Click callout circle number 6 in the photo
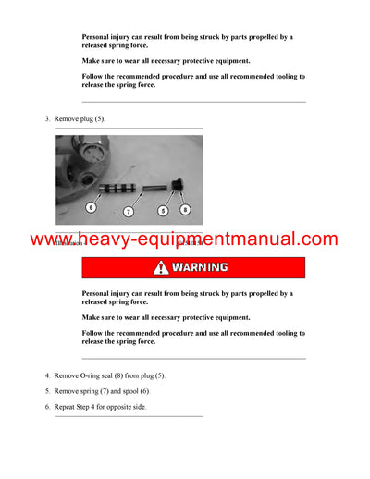(x=91, y=207)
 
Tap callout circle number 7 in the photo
(x=129, y=212)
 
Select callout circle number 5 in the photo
(x=163, y=211)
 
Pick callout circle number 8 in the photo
(x=185, y=210)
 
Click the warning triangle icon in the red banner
(x=162, y=268)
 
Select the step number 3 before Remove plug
(x=47, y=120)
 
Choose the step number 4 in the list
(x=47, y=376)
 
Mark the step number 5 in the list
(x=47, y=392)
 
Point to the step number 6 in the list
(x=47, y=408)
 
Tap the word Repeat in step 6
(x=68, y=408)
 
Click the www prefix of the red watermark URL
(x=50, y=240)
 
